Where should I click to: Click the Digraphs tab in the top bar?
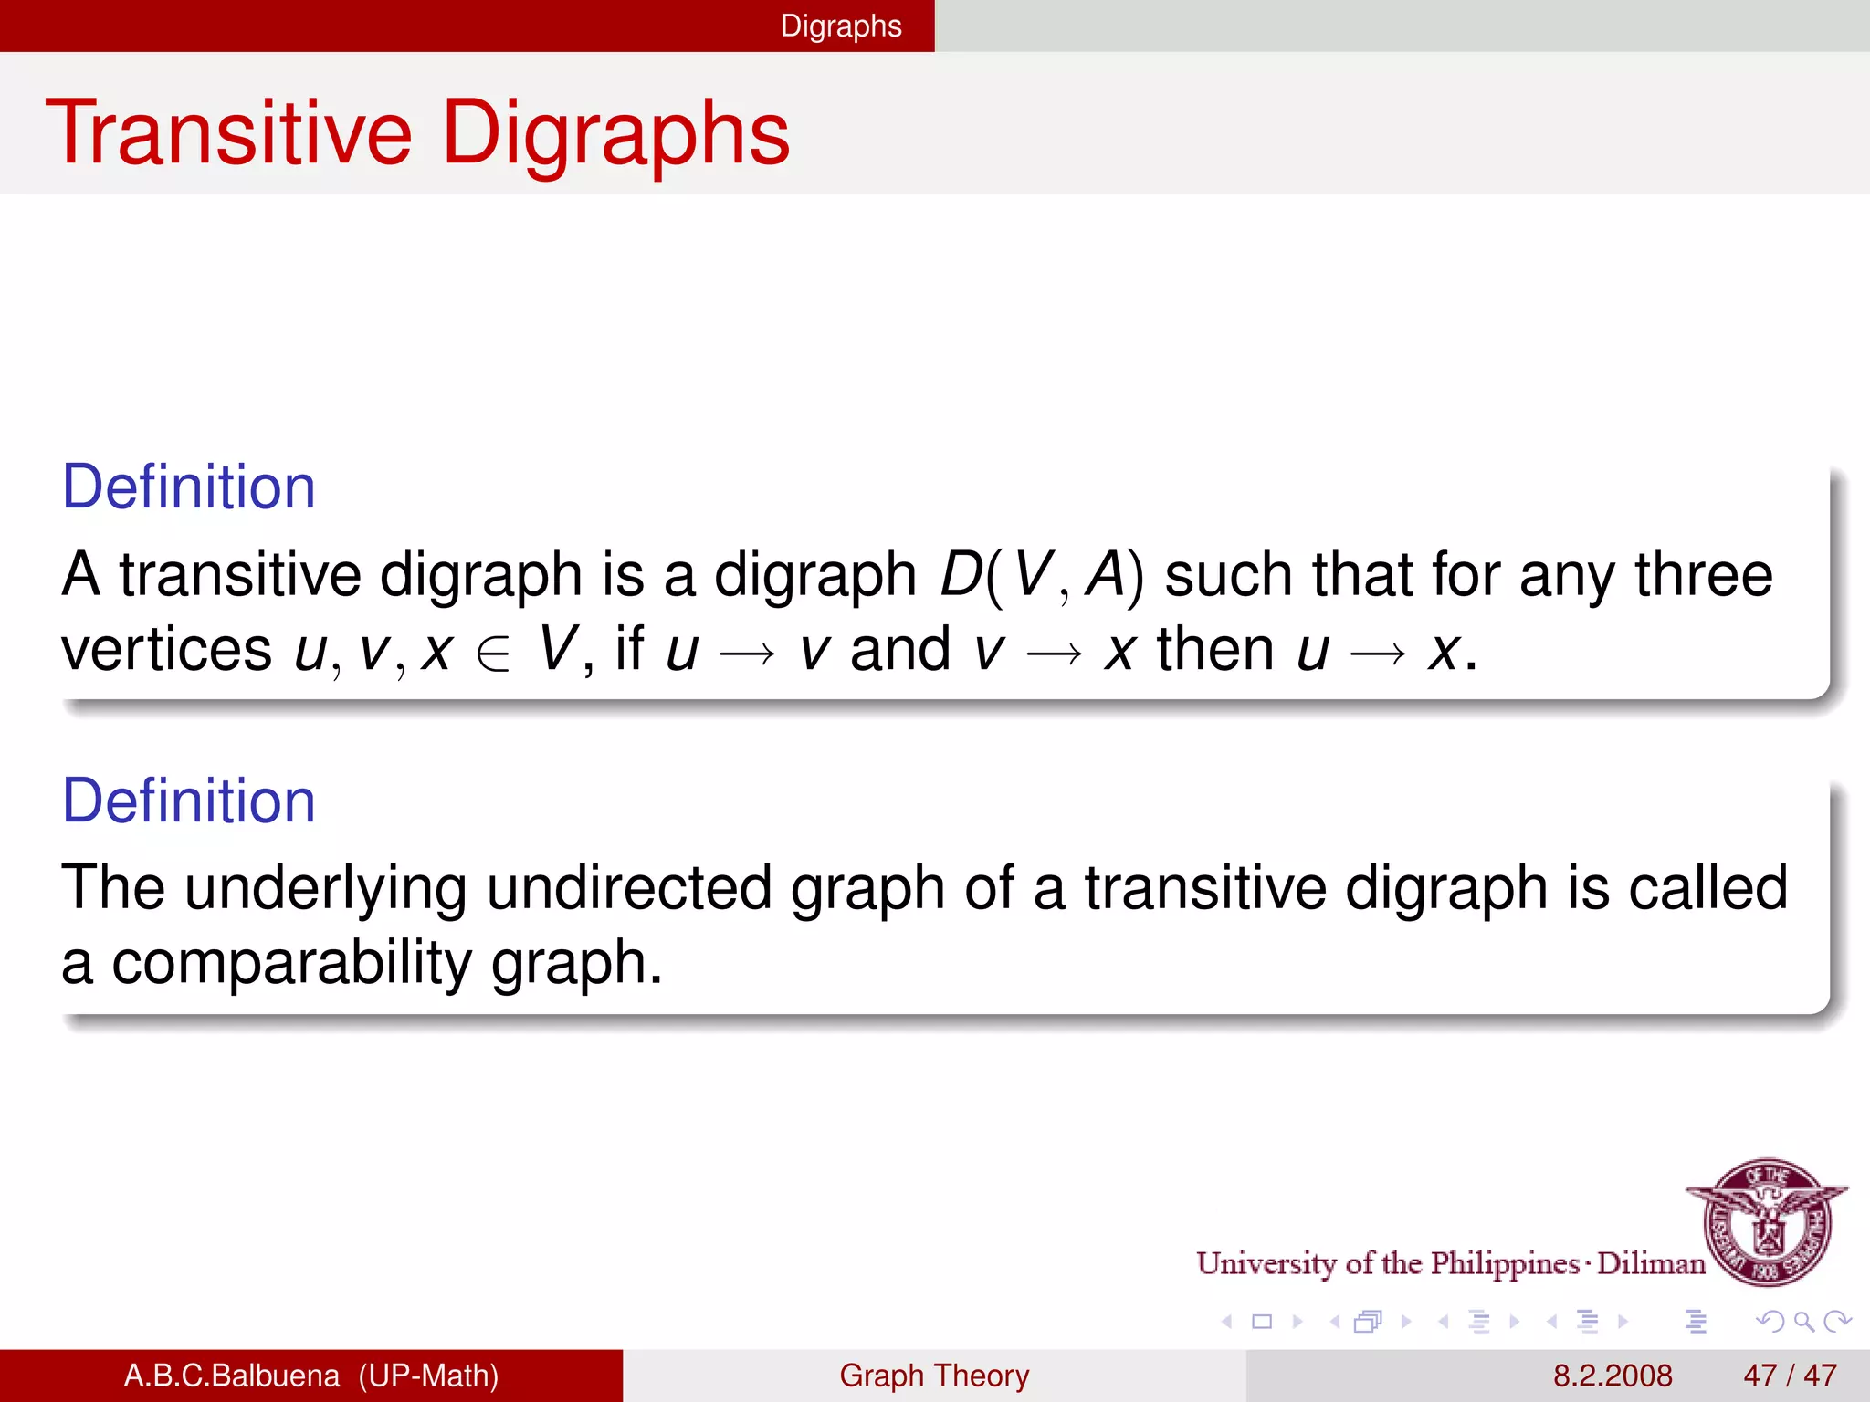840,26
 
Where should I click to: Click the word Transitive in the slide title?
228,133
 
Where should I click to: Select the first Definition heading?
188,487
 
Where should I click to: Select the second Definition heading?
188,800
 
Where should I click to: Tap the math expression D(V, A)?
1041,575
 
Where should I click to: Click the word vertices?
166,650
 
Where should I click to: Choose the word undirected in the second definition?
628,887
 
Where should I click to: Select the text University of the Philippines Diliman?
1450,1263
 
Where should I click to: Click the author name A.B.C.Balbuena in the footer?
232,1376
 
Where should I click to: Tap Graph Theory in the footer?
934,1376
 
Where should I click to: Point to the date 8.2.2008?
1613,1376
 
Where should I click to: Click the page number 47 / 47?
1790,1376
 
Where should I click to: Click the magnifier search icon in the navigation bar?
1803,1322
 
